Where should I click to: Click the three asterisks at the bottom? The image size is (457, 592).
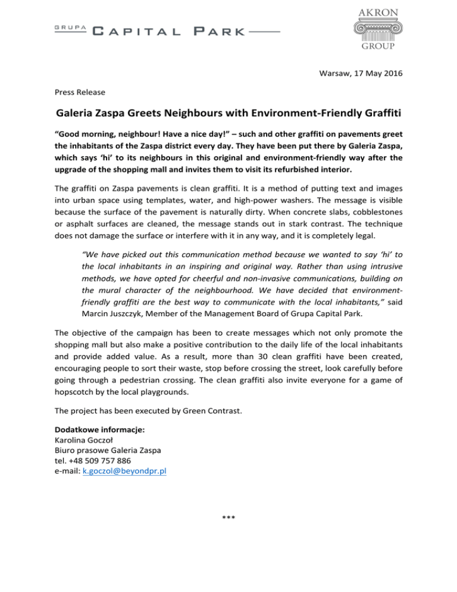228,516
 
